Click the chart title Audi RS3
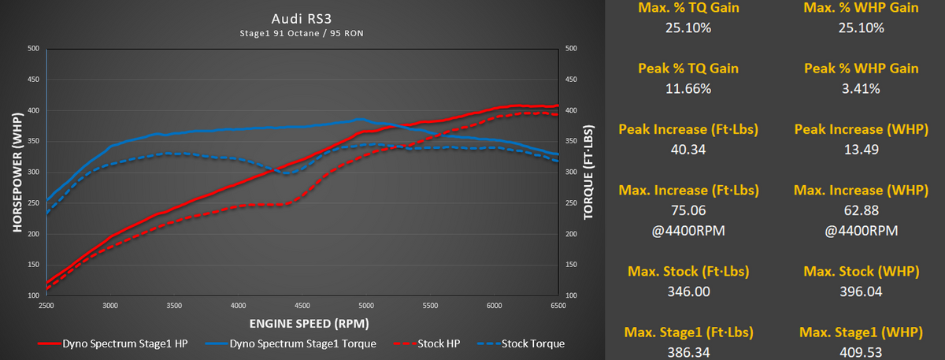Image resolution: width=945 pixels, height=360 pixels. coord(302,18)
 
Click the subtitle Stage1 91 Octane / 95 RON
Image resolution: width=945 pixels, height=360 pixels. coord(302,33)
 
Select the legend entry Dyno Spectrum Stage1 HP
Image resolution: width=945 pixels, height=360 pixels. coord(113,343)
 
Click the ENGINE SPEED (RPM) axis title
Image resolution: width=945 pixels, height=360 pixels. coord(302,323)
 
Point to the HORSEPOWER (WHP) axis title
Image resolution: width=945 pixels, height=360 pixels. coord(17,172)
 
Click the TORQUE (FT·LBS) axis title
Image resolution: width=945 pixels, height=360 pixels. coord(587,172)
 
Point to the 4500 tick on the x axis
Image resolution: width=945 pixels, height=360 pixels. coord(366,305)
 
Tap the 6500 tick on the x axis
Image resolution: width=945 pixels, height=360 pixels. coord(558,305)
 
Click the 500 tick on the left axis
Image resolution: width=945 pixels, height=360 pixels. coord(33,49)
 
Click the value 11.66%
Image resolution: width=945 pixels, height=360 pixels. coord(688,88)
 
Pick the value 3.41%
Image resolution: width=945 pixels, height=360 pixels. coord(861,88)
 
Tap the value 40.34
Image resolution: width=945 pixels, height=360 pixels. coord(688,150)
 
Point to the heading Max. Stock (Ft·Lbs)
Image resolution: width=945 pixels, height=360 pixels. coord(688,272)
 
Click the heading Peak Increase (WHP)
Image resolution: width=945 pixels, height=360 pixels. coord(861,129)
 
